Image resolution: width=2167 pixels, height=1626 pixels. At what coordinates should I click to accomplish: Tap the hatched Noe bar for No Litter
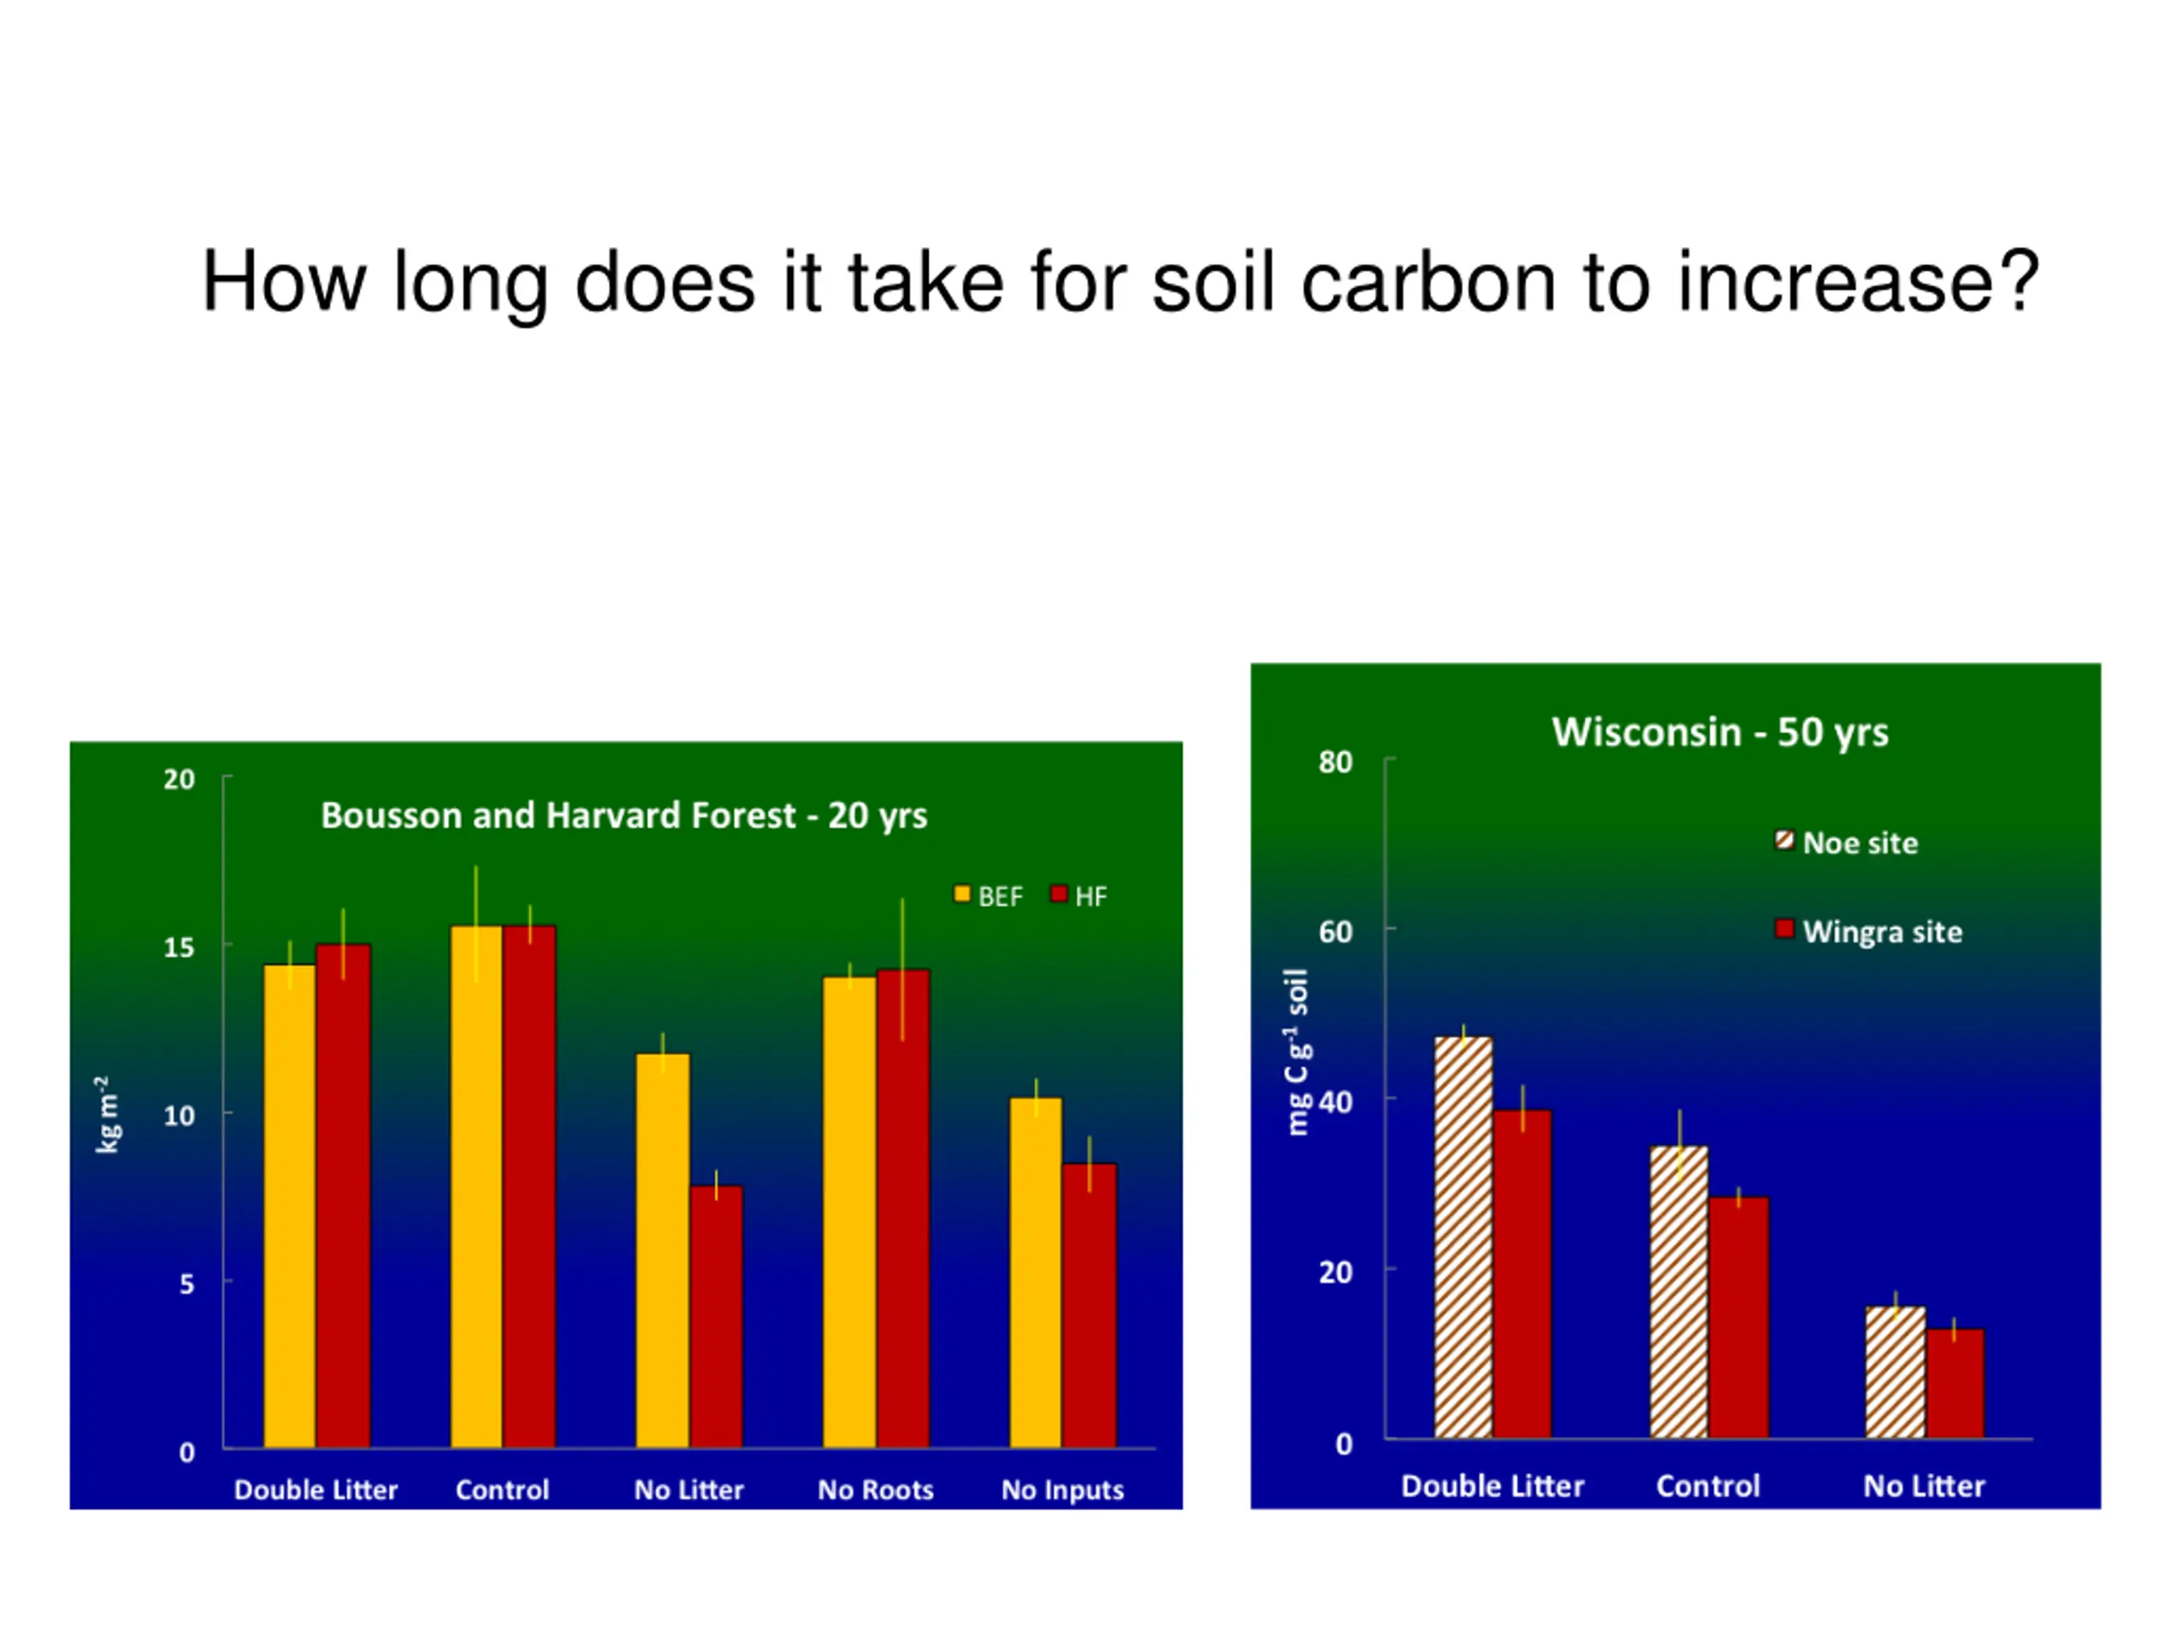1894,1372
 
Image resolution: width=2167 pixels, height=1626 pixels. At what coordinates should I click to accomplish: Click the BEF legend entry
989,896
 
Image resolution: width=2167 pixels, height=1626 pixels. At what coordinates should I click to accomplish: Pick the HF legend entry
1078,896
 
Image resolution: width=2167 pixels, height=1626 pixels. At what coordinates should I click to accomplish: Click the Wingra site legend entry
1868,931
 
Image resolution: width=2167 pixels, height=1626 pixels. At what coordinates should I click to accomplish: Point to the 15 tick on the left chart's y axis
179,947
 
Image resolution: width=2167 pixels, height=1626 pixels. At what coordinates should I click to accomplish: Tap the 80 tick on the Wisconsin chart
1335,761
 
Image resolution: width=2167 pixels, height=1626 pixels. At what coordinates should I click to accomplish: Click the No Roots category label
876,1490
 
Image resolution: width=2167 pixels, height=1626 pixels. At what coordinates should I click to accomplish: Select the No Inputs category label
1062,1490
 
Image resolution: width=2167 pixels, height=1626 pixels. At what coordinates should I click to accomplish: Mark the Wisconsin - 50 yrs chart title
1719,733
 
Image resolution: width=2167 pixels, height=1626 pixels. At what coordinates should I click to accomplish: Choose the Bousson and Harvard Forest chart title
624,816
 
